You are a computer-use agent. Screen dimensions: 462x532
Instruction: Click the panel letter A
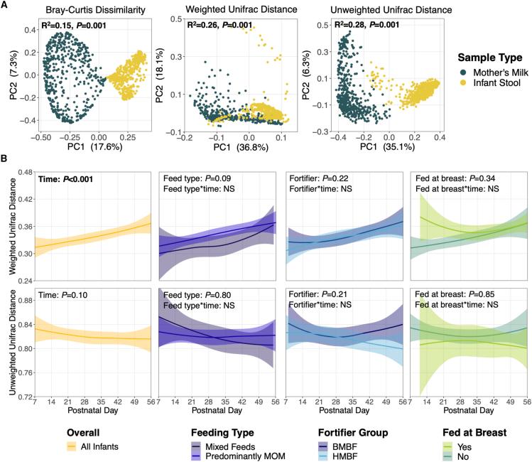pyautogui.click(x=6, y=6)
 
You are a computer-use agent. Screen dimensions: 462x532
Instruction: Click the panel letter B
pyautogui.click(x=6, y=161)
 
